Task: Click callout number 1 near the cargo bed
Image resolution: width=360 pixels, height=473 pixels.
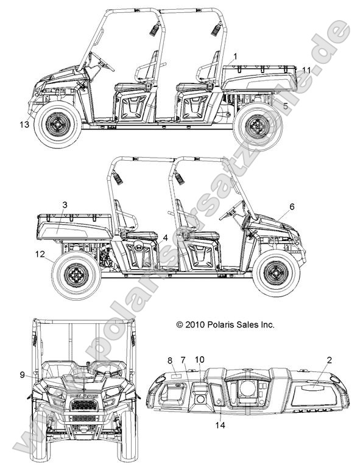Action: (235, 57)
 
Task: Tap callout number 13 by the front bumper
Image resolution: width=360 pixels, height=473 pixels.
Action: (25, 124)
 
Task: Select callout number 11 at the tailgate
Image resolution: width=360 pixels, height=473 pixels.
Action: (306, 70)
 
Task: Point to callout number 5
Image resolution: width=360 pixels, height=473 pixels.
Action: (285, 106)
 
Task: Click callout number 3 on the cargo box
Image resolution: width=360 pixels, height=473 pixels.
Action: (65, 205)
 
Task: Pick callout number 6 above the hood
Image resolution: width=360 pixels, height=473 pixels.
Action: (292, 206)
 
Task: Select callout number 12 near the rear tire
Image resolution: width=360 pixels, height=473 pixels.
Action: (40, 254)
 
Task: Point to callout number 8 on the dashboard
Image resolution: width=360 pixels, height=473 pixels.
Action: (170, 360)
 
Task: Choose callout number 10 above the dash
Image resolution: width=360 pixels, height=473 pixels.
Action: (199, 360)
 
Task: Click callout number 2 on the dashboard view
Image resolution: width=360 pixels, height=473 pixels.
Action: (329, 360)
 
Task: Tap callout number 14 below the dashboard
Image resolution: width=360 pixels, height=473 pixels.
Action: (221, 425)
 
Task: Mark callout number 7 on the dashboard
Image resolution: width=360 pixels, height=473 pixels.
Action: (183, 360)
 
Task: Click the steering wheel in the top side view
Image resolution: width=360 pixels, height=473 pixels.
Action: (102, 61)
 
